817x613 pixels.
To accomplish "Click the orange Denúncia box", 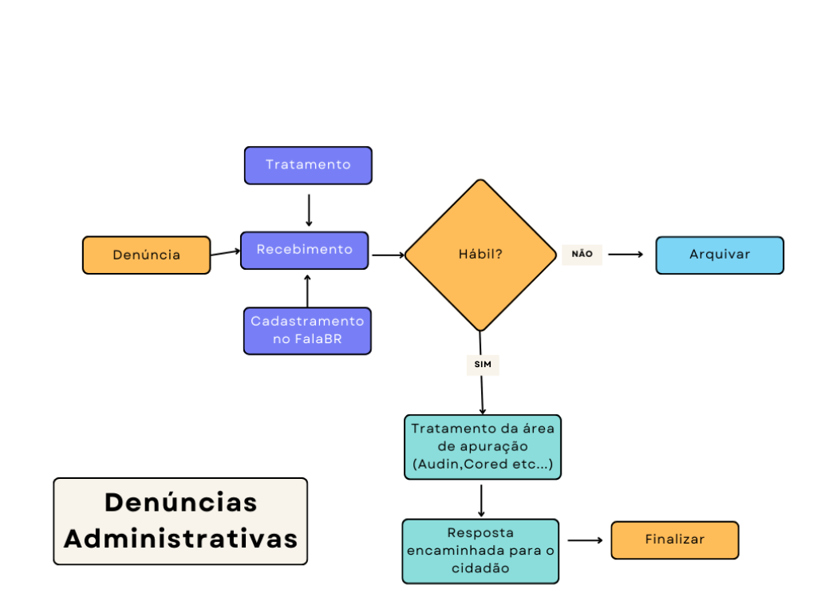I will [x=146, y=255].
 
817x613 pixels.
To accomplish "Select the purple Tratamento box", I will [x=308, y=165].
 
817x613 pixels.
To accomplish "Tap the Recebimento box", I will [x=304, y=251].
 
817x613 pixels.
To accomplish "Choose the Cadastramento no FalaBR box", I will [x=307, y=330].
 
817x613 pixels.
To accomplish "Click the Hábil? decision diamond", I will [x=480, y=255].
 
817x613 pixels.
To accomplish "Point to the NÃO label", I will [x=582, y=254].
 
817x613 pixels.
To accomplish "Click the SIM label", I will [x=482, y=365].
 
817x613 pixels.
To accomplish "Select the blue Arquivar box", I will [x=720, y=255].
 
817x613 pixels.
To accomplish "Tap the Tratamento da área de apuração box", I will [x=483, y=447].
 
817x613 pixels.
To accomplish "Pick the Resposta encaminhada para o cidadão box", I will [x=480, y=551].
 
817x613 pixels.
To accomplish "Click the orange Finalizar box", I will [x=675, y=540].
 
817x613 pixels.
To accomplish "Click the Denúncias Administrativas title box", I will [x=180, y=521].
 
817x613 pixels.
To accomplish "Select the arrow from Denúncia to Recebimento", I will [x=225, y=253].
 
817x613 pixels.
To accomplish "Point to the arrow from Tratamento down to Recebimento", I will [x=309, y=209].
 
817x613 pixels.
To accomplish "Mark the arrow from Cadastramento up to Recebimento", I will [x=308, y=290].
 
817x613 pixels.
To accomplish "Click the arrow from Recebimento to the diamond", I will [x=389, y=255].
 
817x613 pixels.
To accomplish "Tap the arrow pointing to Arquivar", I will [x=626, y=255].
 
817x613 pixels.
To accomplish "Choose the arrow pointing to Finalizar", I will [x=586, y=540].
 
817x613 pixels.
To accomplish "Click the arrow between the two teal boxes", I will [x=482, y=500].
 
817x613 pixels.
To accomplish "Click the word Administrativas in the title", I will [x=181, y=538].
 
